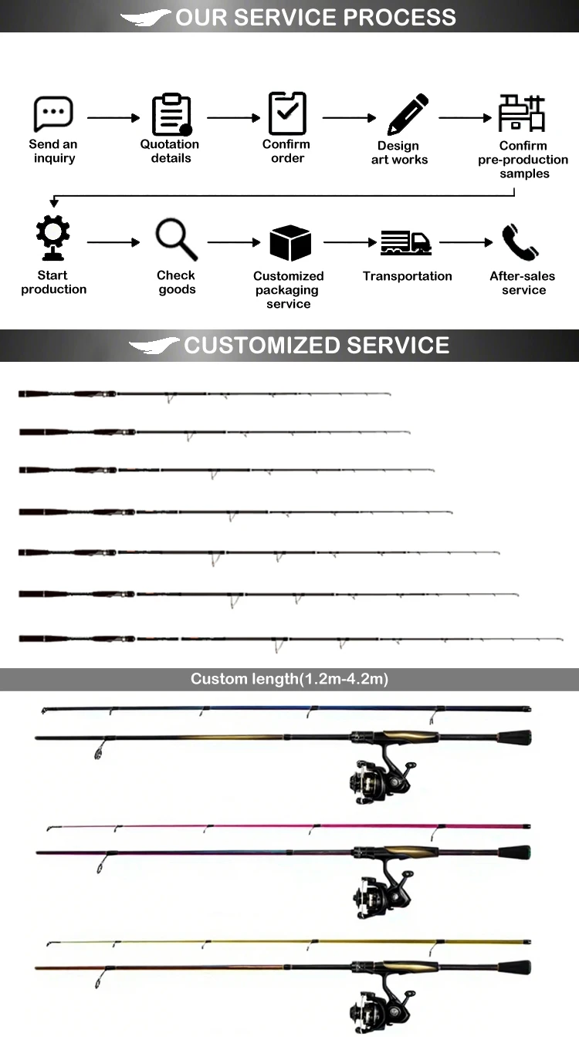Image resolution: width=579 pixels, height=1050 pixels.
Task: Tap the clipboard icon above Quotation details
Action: click(171, 114)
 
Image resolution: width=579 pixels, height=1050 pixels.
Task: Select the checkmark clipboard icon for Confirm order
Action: click(287, 113)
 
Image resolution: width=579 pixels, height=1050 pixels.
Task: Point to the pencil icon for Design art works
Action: click(408, 114)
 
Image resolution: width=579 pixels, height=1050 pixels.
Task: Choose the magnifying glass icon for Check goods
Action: click(177, 239)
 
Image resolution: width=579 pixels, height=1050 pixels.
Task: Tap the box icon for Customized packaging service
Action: click(290, 243)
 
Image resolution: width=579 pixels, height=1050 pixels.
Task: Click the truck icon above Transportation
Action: click(406, 242)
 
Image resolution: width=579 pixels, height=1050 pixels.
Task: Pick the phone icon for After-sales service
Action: click(520, 242)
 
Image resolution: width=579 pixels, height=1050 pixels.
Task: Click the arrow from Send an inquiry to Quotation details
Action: click(113, 118)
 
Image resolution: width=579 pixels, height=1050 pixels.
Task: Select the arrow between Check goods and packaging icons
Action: click(234, 242)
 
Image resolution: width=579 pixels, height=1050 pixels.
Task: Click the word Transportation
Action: click(408, 276)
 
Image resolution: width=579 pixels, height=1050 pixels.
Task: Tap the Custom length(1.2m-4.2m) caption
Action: click(289, 679)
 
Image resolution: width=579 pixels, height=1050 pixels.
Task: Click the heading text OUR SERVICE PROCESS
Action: click(316, 17)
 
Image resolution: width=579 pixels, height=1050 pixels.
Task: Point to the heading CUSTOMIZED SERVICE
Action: click(317, 345)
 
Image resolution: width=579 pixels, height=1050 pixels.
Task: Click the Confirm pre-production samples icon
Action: click(521, 113)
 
